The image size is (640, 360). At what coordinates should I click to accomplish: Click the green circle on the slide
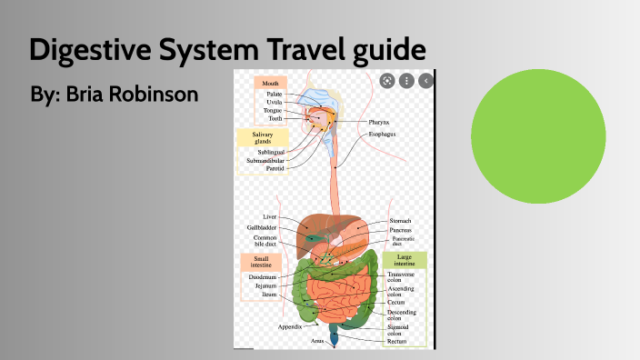[x=538, y=135]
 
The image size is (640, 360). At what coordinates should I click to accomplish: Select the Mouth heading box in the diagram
[x=269, y=82]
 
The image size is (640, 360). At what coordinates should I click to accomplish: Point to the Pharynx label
[x=379, y=122]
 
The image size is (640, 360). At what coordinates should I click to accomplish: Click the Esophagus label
[x=382, y=135]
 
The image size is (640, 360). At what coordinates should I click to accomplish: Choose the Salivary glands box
[x=256, y=137]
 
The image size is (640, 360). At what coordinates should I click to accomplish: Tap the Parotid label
[x=275, y=168]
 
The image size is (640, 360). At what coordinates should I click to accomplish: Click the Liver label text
[x=270, y=217]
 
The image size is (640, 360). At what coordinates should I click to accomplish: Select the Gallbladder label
[x=262, y=228]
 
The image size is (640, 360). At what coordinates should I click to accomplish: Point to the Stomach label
[x=400, y=221]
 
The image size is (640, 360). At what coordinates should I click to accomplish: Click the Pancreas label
[x=401, y=231]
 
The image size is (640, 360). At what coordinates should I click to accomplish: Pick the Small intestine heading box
[x=255, y=263]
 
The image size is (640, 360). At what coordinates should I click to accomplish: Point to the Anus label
[x=317, y=341]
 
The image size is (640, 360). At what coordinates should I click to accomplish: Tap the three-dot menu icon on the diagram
[x=406, y=80]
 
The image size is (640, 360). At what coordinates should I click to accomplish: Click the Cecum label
[x=397, y=302]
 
